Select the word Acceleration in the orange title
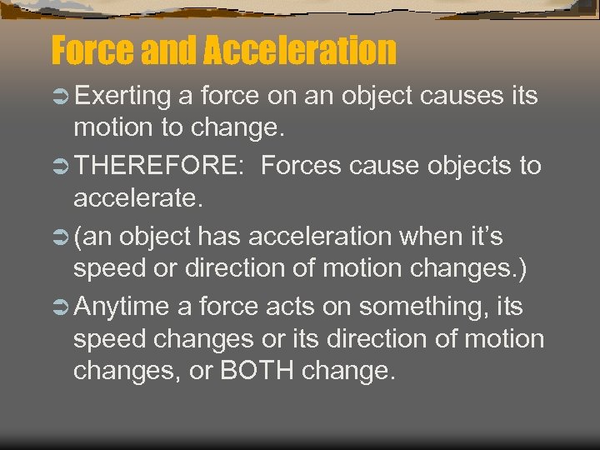point(300,50)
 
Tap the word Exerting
point(122,97)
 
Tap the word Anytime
point(122,307)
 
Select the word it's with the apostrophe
point(484,237)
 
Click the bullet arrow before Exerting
point(61,97)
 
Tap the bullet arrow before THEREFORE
point(61,167)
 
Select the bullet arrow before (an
point(61,237)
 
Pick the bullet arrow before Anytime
point(61,307)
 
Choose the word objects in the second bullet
point(468,167)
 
